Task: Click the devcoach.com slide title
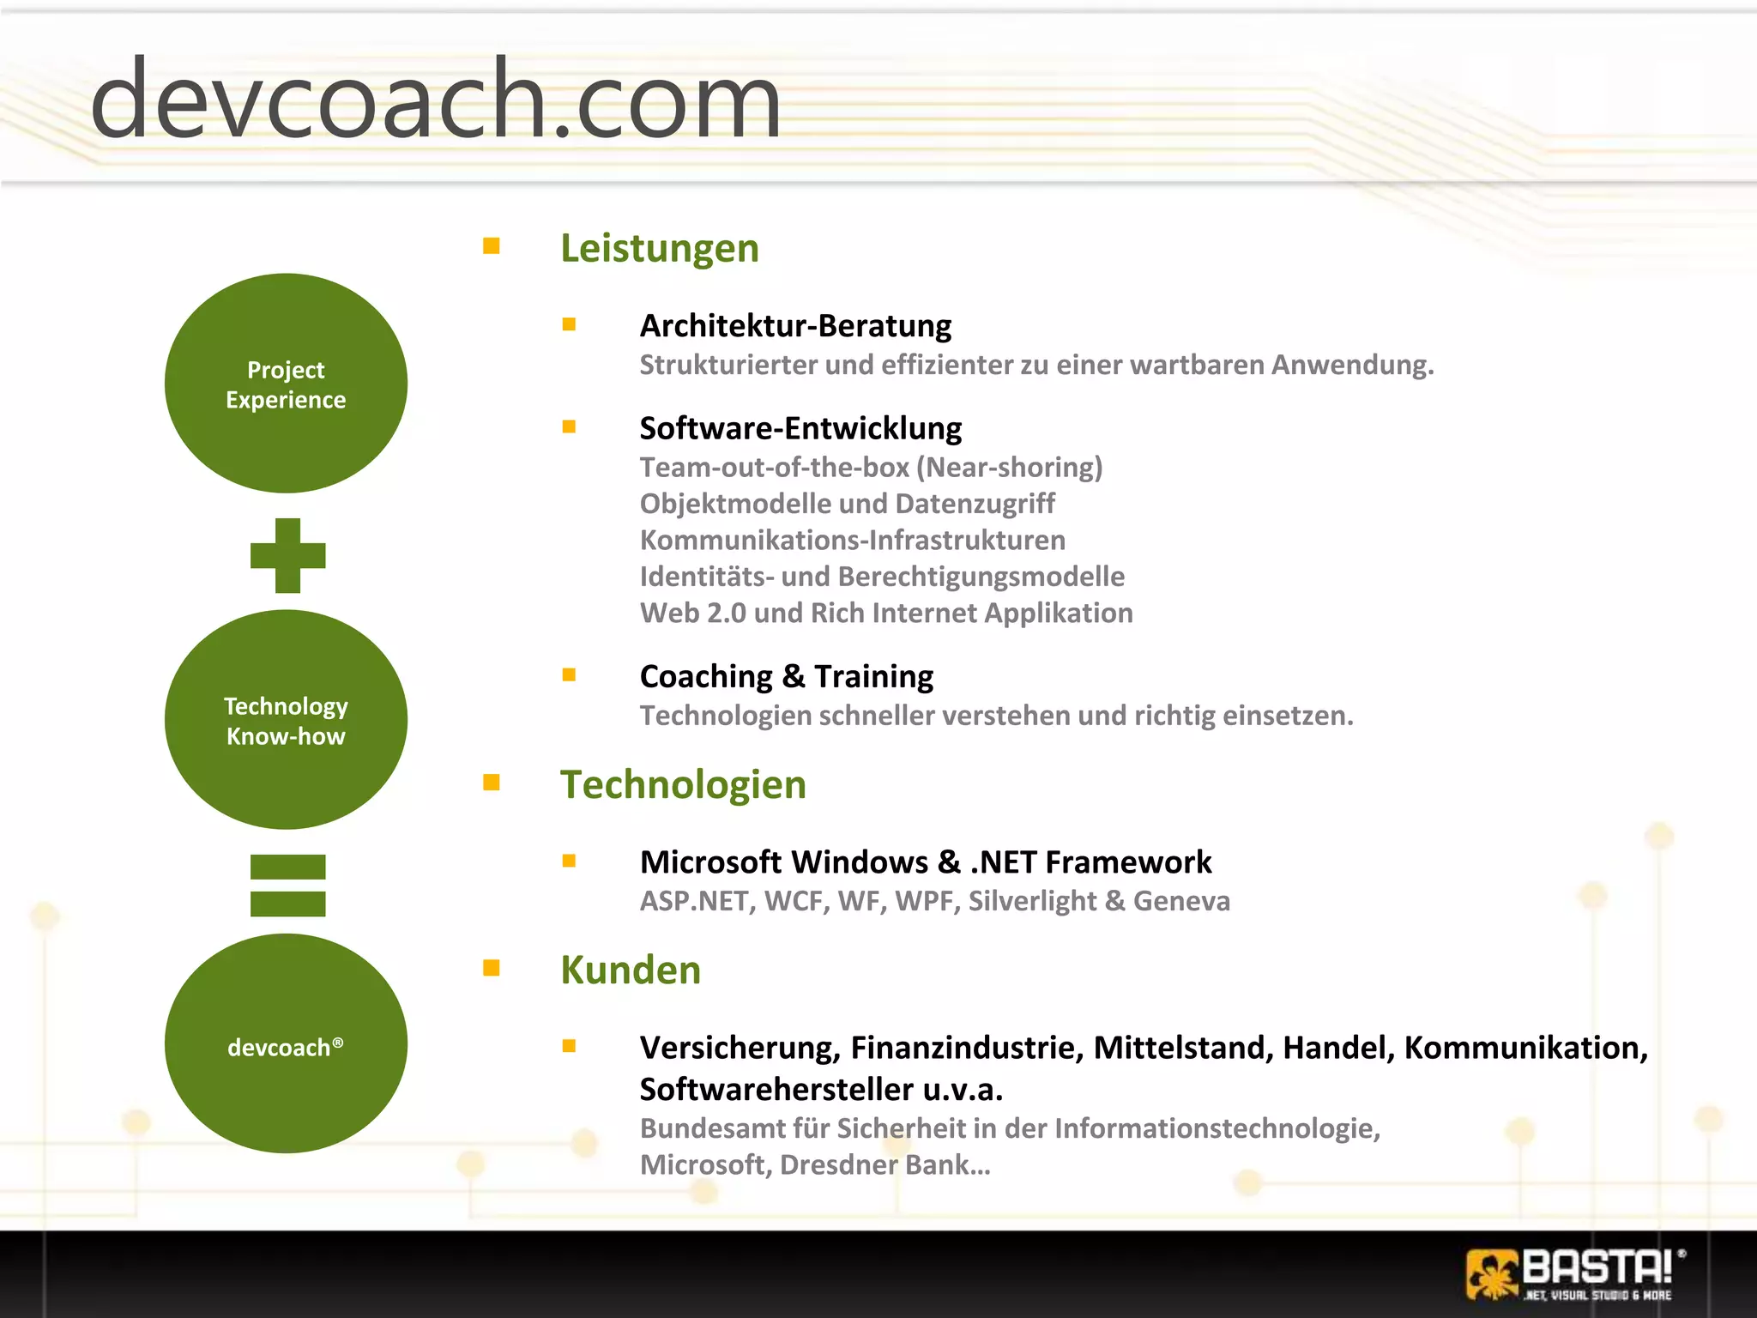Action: pos(436,99)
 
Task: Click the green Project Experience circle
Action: pos(286,384)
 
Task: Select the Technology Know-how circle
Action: pos(286,720)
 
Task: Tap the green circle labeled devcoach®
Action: pos(286,1043)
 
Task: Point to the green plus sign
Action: pos(287,555)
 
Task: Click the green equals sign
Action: pos(287,886)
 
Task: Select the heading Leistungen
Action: pos(659,248)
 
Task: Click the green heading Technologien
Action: pos(683,784)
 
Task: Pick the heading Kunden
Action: pos(631,970)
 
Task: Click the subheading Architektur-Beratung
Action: pos(795,326)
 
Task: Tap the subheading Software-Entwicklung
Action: pos(800,428)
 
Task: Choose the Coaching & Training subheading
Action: pos(786,676)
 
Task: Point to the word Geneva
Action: pos(1181,901)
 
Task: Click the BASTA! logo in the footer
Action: pos(1574,1273)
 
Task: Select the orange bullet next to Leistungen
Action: pos(492,246)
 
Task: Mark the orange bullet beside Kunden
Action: pos(492,968)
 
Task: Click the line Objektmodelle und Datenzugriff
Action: pos(847,504)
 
